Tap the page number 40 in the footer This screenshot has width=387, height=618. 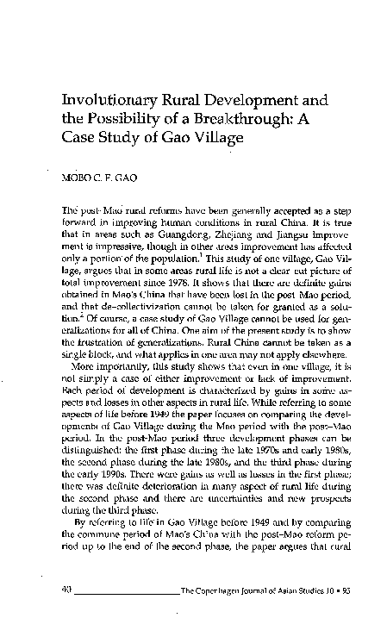[x=80, y=589]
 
